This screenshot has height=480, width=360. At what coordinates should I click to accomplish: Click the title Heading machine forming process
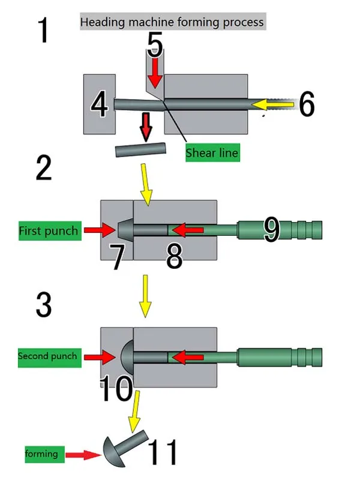click(x=172, y=22)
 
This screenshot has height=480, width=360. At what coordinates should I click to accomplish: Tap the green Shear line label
click(x=212, y=152)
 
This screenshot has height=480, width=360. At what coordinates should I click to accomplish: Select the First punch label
click(x=49, y=230)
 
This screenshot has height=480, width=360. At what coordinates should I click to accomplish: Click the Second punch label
click(x=49, y=357)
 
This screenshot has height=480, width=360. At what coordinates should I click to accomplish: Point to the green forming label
click(x=44, y=454)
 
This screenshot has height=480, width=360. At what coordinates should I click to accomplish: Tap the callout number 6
click(x=307, y=104)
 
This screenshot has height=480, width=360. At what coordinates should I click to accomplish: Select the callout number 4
click(x=99, y=104)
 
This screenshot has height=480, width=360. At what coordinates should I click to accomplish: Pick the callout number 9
click(x=271, y=229)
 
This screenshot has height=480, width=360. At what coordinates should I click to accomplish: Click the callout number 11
click(x=162, y=452)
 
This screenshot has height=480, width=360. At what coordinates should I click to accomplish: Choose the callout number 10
click(x=116, y=388)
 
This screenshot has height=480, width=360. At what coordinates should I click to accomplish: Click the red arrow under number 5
click(x=155, y=73)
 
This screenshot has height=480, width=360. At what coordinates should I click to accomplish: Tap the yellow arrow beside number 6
click(x=272, y=104)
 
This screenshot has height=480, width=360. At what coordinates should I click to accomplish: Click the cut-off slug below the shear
click(x=141, y=149)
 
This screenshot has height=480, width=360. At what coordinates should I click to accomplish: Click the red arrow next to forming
click(x=83, y=455)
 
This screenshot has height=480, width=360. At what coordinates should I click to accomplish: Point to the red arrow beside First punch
click(x=99, y=230)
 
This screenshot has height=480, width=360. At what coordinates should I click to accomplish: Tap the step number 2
click(x=44, y=167)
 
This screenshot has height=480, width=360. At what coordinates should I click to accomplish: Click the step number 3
click(x=44, y=304)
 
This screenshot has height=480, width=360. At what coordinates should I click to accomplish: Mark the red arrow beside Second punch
click(x=100, y=357)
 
